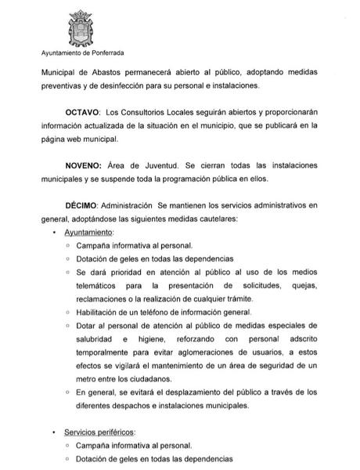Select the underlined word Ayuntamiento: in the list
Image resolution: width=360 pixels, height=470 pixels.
point(88,233)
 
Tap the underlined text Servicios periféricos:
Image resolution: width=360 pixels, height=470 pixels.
point(100,432)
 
